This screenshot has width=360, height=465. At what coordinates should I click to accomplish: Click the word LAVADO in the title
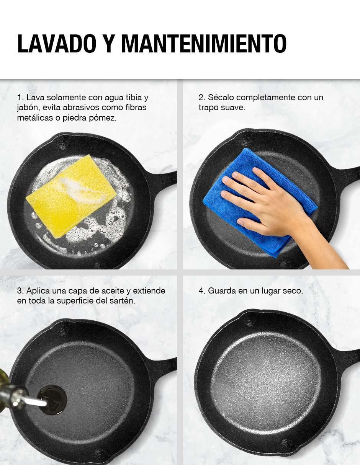(x=57, y=44)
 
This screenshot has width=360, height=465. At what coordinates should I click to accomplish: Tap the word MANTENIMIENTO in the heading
(x=204, y=44)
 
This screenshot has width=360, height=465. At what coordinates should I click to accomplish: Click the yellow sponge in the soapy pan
(x=71, y=196)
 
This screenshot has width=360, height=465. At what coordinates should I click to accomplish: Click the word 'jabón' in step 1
(x=28, y=108)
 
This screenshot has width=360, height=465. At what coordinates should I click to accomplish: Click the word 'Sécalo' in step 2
(x=221, y=98)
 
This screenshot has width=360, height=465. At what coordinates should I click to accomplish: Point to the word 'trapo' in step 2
(x=208, y=108)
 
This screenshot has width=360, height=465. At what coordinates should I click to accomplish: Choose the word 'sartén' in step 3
(x=125, y=301)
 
